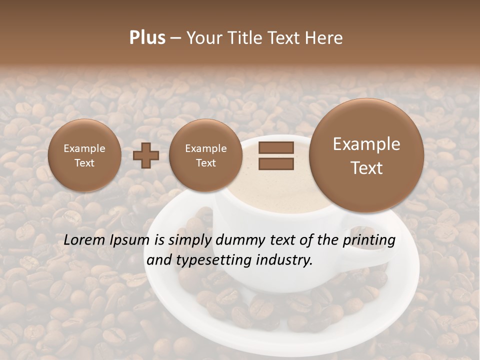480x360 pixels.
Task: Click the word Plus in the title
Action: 147,38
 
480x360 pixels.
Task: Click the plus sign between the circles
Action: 146,155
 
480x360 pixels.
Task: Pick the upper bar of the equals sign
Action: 276,147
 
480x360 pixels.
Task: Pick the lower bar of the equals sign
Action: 276,163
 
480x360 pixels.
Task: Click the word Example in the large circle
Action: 366,144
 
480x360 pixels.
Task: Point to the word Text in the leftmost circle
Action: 84,163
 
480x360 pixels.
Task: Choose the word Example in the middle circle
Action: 205,148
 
